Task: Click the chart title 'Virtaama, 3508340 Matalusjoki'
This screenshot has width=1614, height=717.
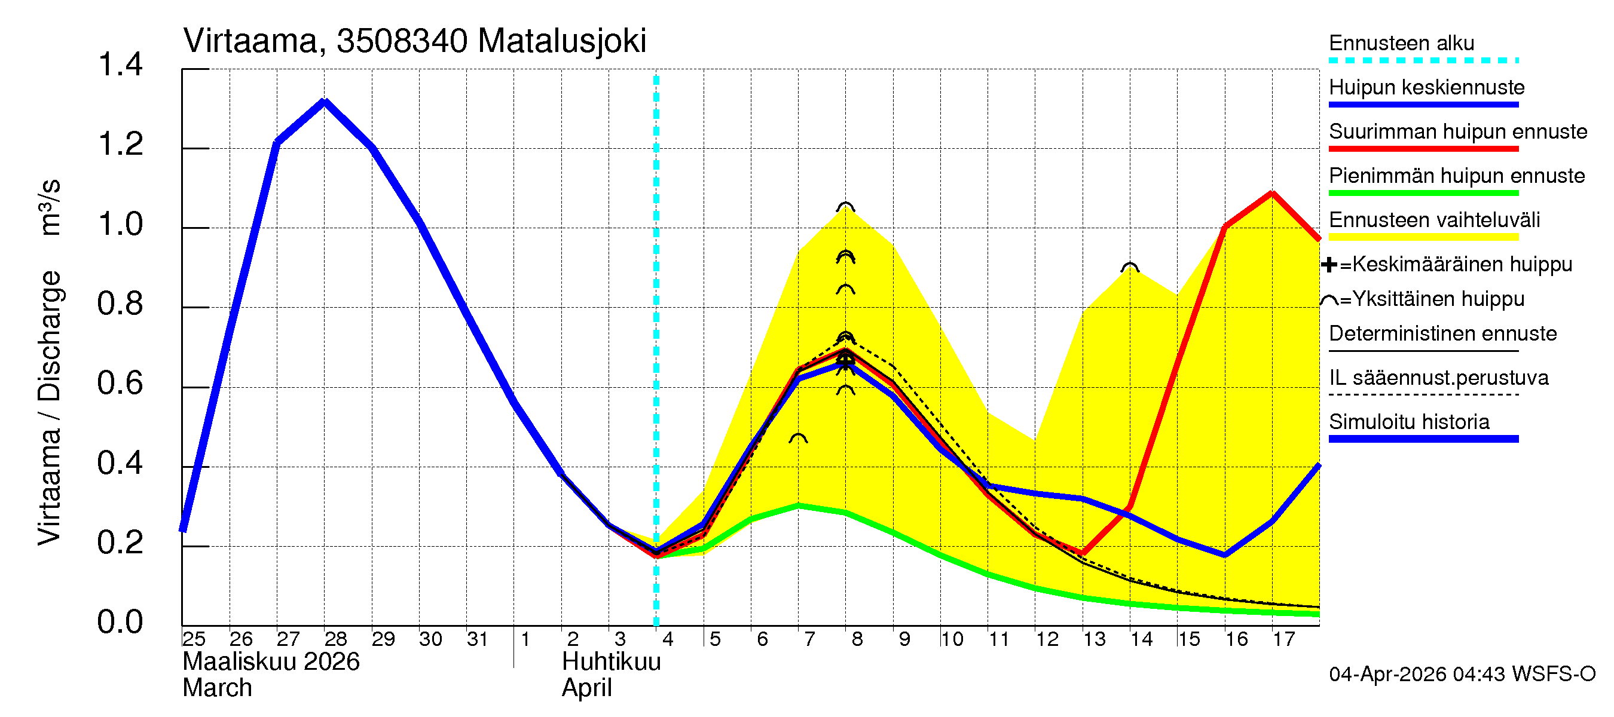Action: (x=414, y=41)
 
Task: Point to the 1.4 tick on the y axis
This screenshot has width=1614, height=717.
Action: (x=120, y=65)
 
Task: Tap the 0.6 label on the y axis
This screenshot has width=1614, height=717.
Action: (x=120, y=384)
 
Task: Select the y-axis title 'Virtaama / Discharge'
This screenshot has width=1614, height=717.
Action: (x=50, y=407)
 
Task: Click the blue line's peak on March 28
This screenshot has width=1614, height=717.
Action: (x=324, y=102)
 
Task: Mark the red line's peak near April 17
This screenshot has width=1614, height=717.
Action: (x=1272, y=194)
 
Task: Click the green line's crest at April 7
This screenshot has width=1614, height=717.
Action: (x=797, y=505)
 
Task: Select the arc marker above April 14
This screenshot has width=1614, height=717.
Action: (x=1129, y=268)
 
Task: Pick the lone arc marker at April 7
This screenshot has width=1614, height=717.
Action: (x=797, y=439)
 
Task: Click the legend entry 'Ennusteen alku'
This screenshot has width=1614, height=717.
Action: (x=1401, y=43)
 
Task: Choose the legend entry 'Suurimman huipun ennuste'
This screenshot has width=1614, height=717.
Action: (x=1457, y=131)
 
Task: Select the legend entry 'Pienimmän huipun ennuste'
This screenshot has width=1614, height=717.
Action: (x=1456, y=176)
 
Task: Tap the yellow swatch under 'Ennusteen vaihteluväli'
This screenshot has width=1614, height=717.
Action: (x=1423, y=237)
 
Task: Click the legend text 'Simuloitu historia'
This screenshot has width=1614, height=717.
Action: (x=1408, y=422)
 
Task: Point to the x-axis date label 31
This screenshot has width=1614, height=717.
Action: (x=478, y=639)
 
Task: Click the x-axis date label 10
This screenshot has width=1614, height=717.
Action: (x=951, y=639)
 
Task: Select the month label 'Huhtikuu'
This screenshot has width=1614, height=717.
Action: (x=611, y=662)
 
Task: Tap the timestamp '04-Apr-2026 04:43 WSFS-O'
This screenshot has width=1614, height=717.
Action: (x=1462, y=675)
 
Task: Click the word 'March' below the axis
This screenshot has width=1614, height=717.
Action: (x=217, y=688)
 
